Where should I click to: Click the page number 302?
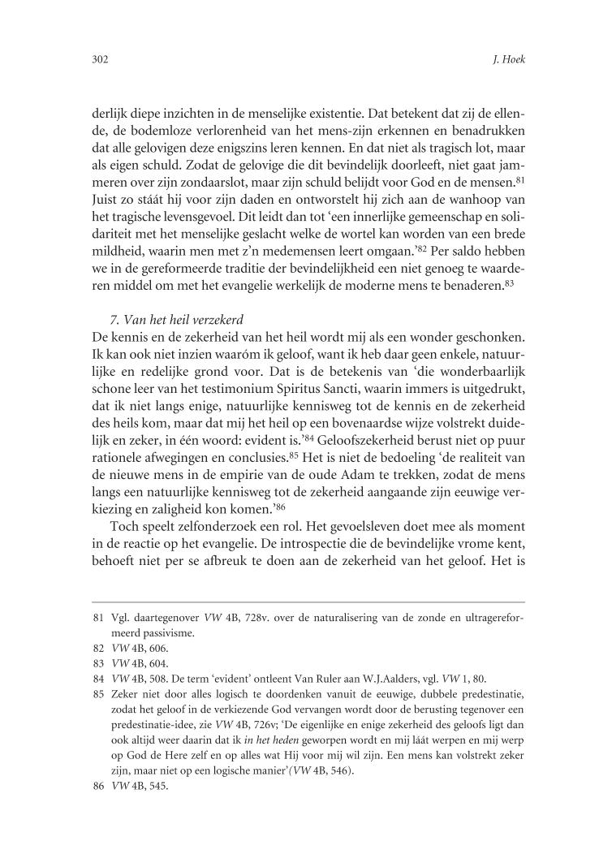tap(101, 60)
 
